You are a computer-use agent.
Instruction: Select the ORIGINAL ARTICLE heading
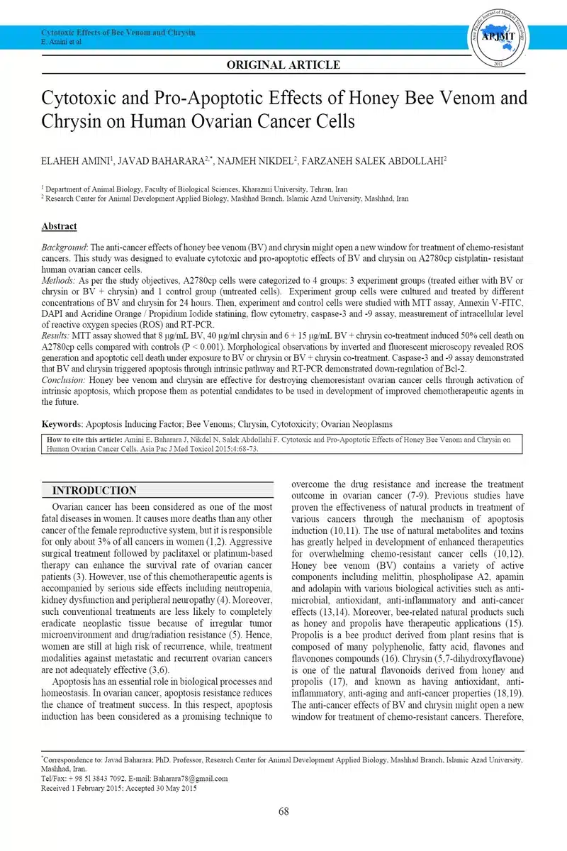coord(283,65)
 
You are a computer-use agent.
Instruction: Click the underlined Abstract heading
coord(59,226)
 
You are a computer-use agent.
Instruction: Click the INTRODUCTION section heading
coord(94,491)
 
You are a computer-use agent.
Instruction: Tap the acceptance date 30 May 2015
coord(173,788)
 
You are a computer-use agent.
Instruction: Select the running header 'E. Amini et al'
coord(62,42)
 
